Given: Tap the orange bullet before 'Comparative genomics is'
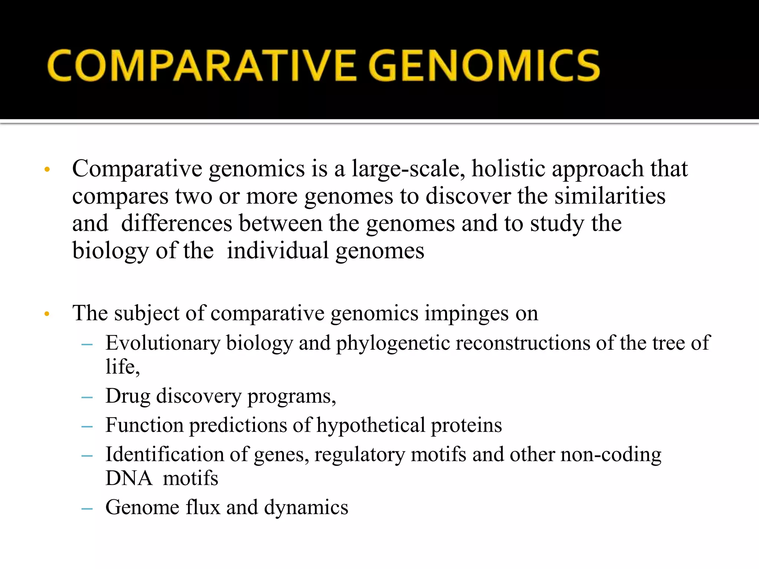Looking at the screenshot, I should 47,170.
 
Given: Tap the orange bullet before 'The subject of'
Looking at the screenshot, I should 47,314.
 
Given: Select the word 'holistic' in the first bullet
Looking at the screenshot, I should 508,169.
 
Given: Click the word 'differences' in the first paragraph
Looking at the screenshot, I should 177,223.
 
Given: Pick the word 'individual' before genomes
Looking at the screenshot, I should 278,251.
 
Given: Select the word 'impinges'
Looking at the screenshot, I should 467,314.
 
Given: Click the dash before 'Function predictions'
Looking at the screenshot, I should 87,426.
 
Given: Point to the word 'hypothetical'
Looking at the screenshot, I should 370,425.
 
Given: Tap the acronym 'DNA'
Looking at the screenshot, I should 129,478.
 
